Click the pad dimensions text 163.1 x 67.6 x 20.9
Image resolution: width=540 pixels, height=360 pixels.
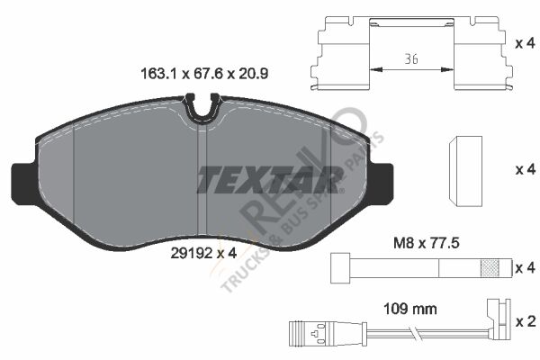coord(204,74)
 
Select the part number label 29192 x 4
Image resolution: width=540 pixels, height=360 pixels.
coord(204,254)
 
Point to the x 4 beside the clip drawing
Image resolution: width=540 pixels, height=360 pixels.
coord(525,43)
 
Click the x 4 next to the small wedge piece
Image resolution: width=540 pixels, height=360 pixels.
coord(525,169)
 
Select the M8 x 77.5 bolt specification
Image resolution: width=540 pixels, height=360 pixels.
coord(427,244)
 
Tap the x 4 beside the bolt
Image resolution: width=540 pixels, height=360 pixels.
coord(525,267)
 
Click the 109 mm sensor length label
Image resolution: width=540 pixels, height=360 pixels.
coord(410,309)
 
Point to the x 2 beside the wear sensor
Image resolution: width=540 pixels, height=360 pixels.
coord(526,321)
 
